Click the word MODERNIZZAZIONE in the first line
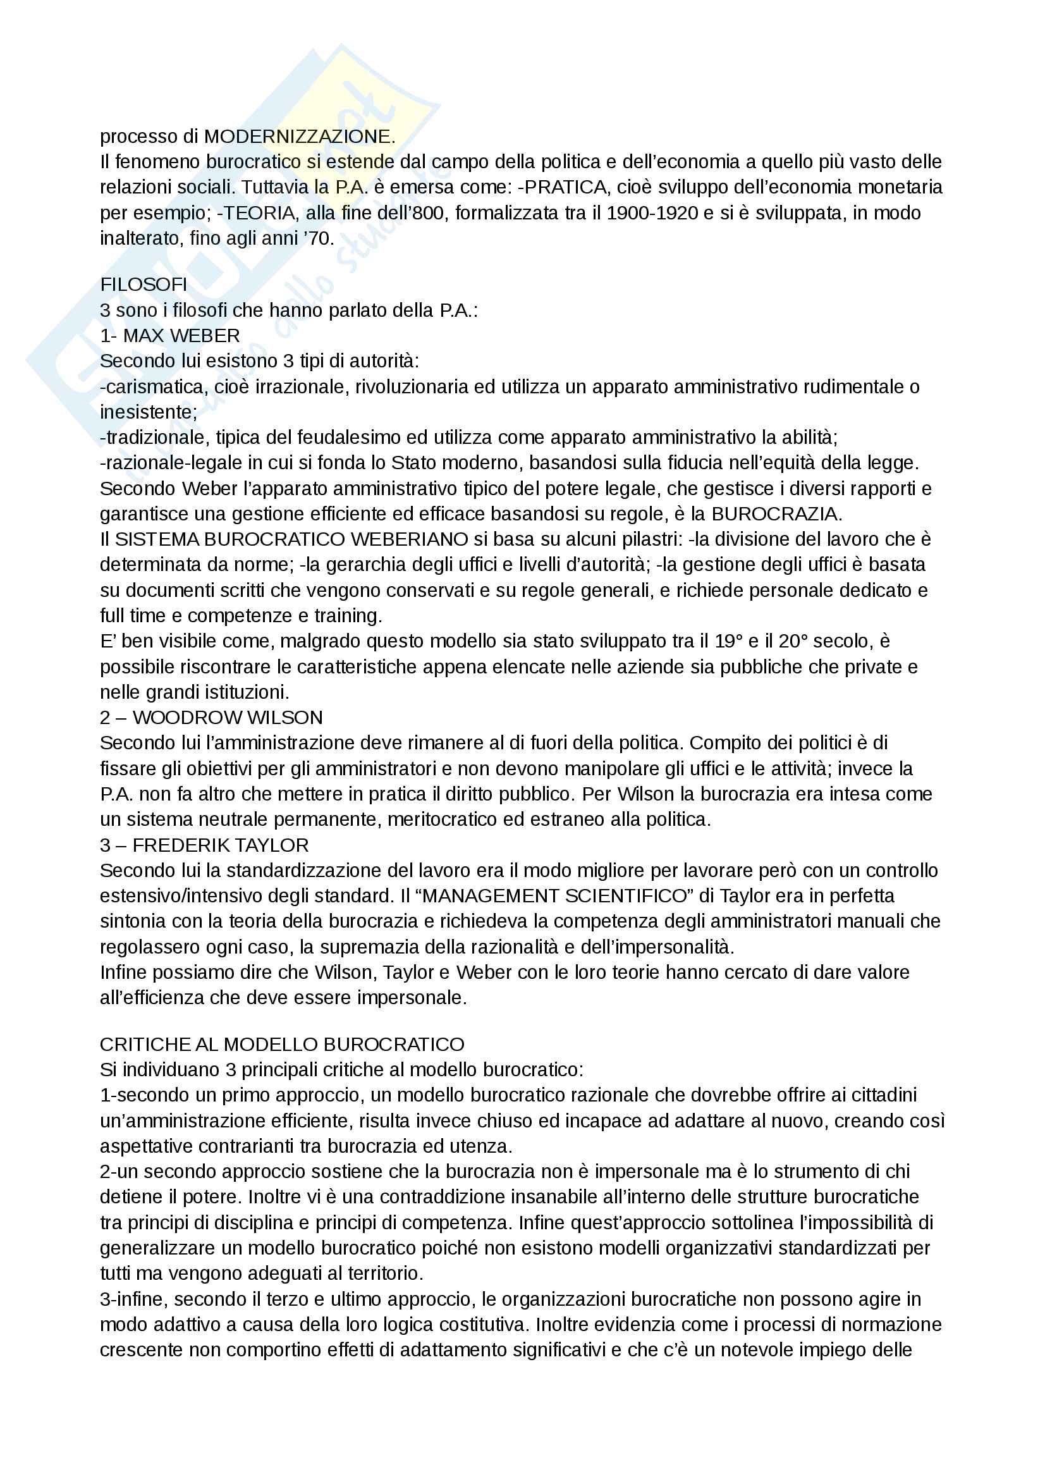(x=299, y=137)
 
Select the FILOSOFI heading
(x=144, y=284)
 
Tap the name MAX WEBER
(x=181, y=336)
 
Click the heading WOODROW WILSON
(x=228, y=718)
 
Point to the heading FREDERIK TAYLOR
(x=220, y=845)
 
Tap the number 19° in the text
(x=728, y=641)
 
